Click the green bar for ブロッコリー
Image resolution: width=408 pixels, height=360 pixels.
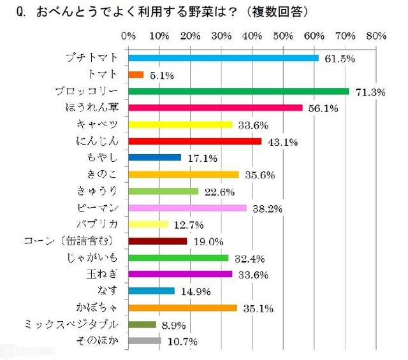(239, 91)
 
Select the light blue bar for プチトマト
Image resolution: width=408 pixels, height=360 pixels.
(224, 58)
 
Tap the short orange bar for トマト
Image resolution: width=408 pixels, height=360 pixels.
(136, 75)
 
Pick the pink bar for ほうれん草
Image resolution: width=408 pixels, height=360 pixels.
(215, 108)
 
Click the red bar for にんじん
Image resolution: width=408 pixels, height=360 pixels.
(195, 141)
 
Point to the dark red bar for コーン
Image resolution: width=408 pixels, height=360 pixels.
(158, 241)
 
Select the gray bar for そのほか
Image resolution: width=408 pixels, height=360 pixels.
(145, 341)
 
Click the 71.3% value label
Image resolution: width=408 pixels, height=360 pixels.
(369, 92)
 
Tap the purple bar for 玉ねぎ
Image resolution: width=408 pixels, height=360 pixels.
(180, 275)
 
